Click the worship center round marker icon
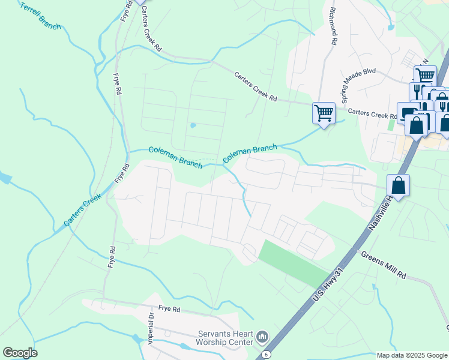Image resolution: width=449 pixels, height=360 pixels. (x=262, y=337)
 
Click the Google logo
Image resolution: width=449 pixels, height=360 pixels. (x=20, y=353)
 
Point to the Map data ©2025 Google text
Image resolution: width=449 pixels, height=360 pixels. (x=411, y=355)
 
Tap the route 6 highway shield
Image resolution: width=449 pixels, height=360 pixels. (x=265, y=355)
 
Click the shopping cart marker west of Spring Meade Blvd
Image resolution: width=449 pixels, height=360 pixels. (x=324, y=112)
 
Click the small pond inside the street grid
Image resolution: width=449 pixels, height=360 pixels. (x=193, y=125)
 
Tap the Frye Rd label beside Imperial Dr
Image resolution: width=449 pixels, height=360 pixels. (x=169, y=310)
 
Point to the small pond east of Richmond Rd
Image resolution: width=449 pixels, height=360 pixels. (x=391, y=26)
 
